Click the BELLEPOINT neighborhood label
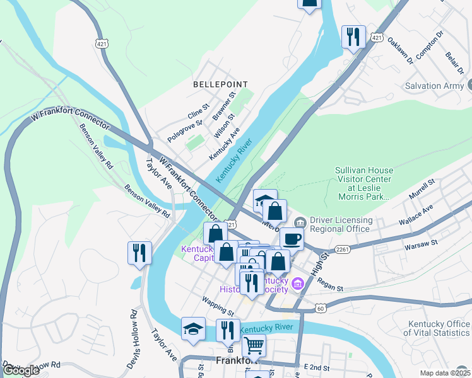tap(220, 84)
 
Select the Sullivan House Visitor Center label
tap(363, 183)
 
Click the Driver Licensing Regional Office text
tap(341, 224)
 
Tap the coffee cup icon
tap(292, 239)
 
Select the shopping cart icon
tap(254, 345)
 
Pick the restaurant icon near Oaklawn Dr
tap(353, 36)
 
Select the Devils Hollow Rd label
tap(134, 331)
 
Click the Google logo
tap(21, 370)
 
